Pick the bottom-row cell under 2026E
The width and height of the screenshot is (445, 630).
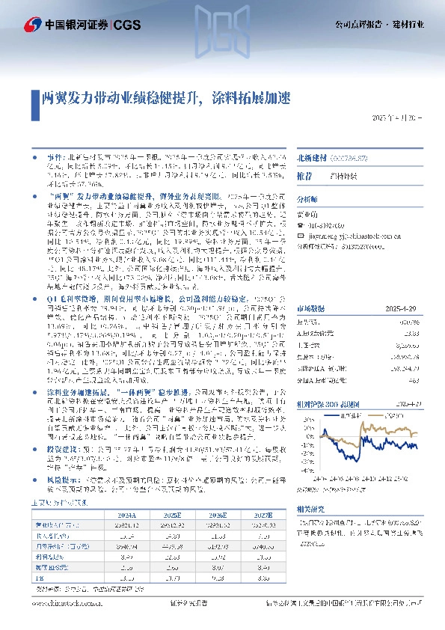click(x=218, y=578)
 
